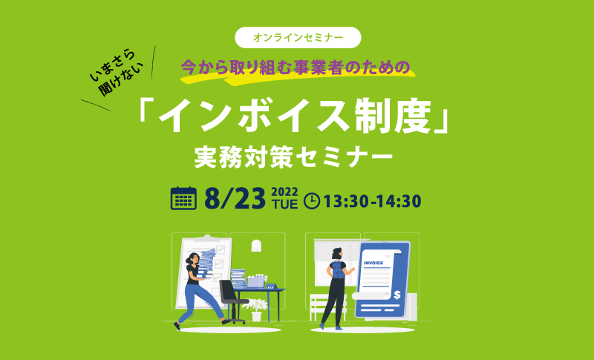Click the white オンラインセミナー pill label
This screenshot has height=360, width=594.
[298, 37]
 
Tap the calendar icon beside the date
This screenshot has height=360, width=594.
[183, 198]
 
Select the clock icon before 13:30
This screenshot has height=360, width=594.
[312, 201]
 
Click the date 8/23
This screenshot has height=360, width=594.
[235, 199]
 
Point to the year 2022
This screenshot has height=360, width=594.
[285, 192]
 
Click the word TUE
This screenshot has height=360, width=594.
[285, 204]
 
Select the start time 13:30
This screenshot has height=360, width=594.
[346, 201]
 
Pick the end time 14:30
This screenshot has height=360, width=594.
[399, 201]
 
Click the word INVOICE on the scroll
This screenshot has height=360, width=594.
[373, 263]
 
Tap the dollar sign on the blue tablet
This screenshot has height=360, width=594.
[397, 295]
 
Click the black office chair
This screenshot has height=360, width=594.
[232, 301]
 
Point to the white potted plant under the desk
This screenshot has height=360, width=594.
[256, 310]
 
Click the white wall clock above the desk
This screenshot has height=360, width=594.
[256, 245]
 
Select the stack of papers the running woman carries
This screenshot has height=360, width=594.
[206, 263]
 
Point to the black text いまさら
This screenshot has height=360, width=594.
[113, 65]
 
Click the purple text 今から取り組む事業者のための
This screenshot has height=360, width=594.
[296, 67]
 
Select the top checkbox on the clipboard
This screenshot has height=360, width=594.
[220, 250]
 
